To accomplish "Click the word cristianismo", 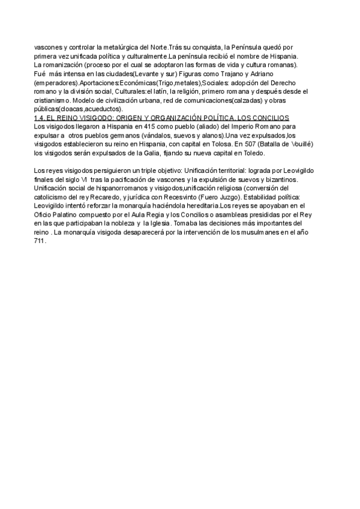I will click(51, 100).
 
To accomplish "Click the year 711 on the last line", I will click(40, 241).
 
